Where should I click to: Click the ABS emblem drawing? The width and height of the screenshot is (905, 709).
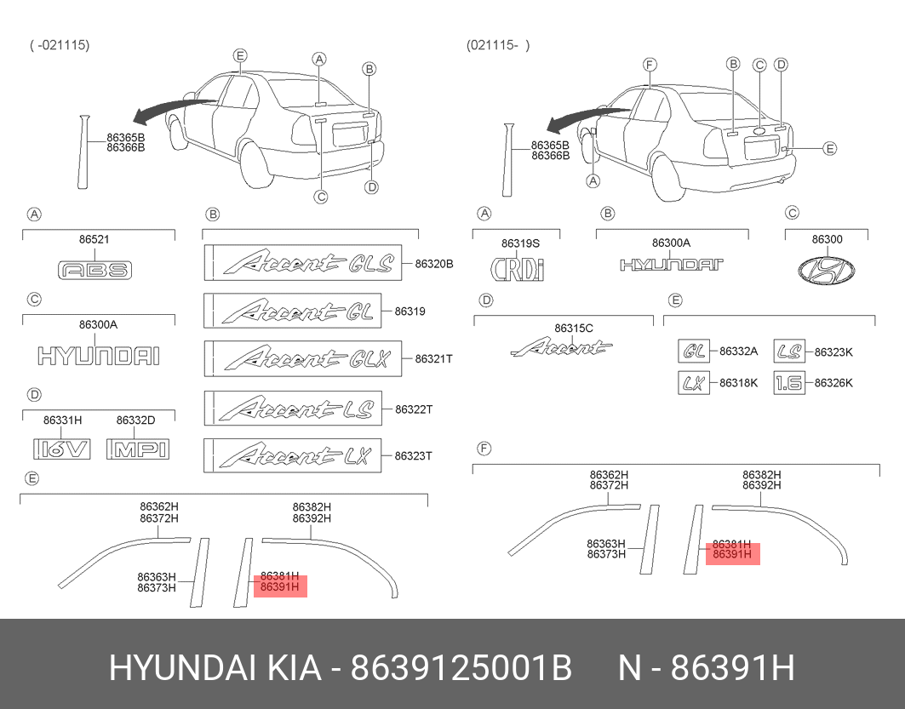(x=95, y=270)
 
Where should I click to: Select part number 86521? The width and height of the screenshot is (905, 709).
(x=95, y=239)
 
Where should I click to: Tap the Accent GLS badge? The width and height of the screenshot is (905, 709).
(x=303, y=264)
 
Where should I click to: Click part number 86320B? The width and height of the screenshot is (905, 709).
(x=434, y=264)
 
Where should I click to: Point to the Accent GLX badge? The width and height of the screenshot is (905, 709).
(x=303, y=359)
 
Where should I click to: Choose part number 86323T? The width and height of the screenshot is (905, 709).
(x=413, y=455)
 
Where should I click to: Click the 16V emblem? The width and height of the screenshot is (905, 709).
(x=62, y=449)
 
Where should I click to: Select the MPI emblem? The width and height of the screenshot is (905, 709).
(x=138, y=449)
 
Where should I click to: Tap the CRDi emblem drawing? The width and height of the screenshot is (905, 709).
(x=517, y=268)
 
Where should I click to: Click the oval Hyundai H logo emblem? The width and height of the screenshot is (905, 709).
(x=826, y=271)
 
